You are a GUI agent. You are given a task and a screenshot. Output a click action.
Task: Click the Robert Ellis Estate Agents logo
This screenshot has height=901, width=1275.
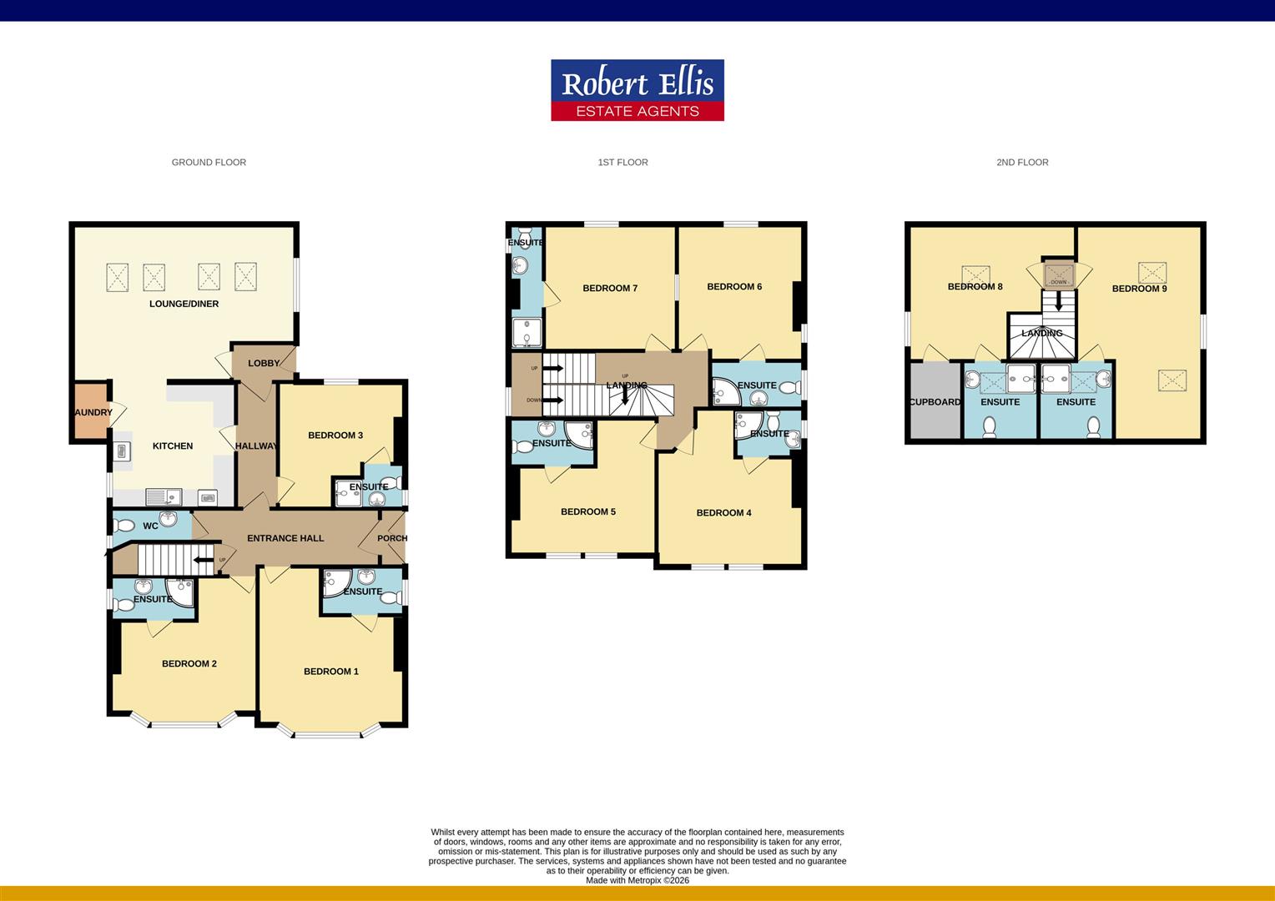[x=637, y=90]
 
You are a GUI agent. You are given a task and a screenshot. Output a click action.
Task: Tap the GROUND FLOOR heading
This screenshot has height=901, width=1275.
[x=209, y=162]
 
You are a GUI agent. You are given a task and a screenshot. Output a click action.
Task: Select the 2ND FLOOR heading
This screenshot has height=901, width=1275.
[x=1022, y=162]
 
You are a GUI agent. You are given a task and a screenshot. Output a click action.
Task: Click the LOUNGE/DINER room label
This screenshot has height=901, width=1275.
[x=184, y=304]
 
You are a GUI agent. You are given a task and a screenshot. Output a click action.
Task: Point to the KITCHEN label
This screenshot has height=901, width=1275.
[x=173, y=446]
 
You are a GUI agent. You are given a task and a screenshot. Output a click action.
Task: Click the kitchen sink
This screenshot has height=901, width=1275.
[x=164, y=497]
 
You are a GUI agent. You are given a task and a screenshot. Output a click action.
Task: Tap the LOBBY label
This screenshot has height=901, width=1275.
[x=264, y=363]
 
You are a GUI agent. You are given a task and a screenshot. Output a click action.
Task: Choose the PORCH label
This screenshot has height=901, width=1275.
[x=392, y=538]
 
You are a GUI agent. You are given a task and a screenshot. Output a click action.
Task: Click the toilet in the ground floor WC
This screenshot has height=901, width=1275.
[x=123, y=526]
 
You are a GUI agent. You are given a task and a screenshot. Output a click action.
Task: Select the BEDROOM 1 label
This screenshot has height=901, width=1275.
[x=331, y=672]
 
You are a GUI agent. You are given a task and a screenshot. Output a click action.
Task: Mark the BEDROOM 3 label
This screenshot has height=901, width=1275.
[x=335, y=435]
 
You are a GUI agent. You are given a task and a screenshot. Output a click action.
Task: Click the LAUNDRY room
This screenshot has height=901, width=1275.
[x=91, y=411]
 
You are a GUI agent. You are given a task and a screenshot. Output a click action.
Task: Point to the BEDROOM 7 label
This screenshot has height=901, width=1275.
[x=610, y=289]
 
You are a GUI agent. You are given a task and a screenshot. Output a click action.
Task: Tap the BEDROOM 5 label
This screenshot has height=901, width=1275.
[x=588, y=511]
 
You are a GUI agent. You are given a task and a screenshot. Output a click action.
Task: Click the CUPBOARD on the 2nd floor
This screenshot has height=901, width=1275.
[x=935, y=400]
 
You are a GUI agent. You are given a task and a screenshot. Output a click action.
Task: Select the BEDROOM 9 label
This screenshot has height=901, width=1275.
[x=1140, y=289]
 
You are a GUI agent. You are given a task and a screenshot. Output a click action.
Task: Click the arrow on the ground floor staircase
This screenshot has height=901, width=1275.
[x=204, y=560]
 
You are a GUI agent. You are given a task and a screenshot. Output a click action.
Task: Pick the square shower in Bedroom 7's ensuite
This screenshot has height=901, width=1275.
[x=527, y=333]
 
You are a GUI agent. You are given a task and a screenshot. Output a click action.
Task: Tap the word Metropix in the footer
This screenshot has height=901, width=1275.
[x=644, y=880]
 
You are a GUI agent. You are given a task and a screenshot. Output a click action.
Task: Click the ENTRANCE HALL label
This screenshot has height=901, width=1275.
[x=285, y=538]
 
